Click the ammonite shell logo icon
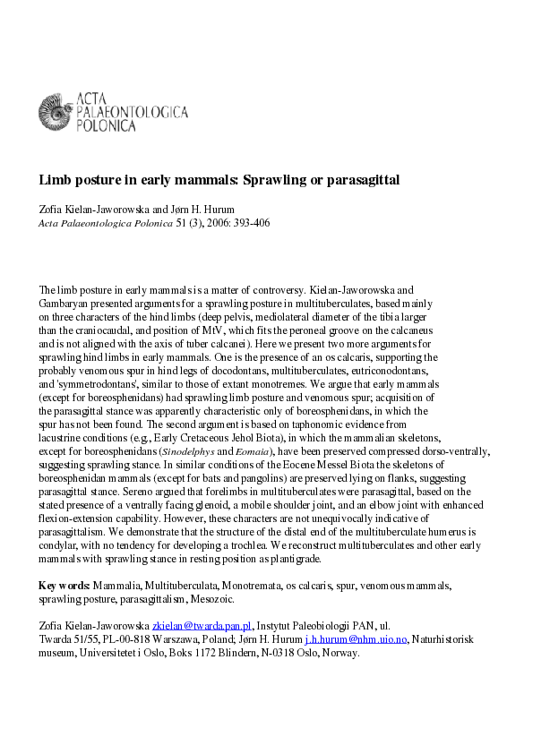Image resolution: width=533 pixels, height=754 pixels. coord(54,112)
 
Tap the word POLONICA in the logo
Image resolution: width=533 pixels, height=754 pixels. coord(106,126)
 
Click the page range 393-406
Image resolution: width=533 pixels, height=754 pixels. coord(247,222)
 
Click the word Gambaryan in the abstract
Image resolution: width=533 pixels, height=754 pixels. coord(65,304)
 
